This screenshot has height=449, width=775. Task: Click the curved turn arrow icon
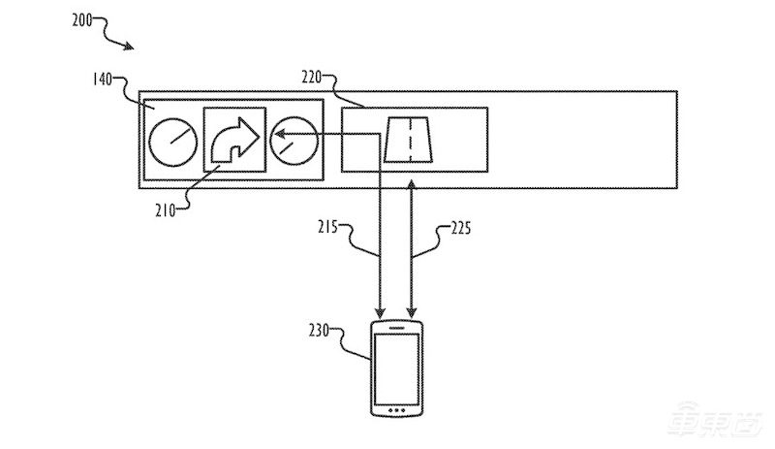point(235,141)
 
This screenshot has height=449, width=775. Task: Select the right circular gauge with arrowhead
point(295,141)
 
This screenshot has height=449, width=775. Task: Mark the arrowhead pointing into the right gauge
point(282,140)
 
